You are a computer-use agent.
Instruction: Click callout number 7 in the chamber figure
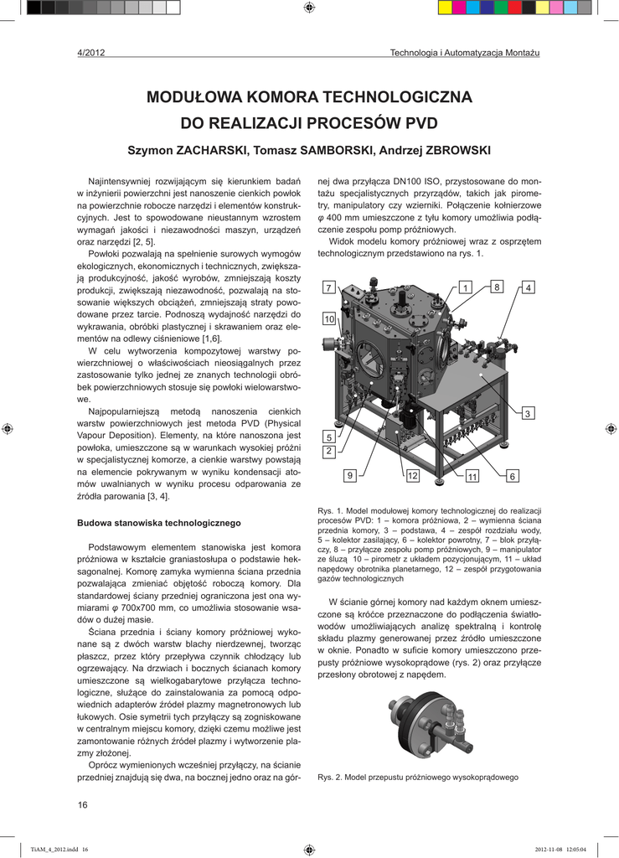(x=328, y=287)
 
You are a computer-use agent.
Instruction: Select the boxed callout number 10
(x=329, y=319)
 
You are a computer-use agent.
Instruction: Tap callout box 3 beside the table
(x=529, y=414)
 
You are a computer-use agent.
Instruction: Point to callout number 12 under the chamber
(x=413, y=476)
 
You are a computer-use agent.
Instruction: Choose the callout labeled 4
(x=529, y=287)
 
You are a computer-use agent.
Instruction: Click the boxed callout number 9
(x=350, y=476)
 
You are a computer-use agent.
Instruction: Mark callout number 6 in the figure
(x=513, y=476)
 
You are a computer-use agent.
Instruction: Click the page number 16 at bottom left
(x=82, y=805)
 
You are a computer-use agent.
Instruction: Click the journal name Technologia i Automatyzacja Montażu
(x=465, y=54)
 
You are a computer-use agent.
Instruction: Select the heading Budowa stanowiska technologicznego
(x=158, y=523)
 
